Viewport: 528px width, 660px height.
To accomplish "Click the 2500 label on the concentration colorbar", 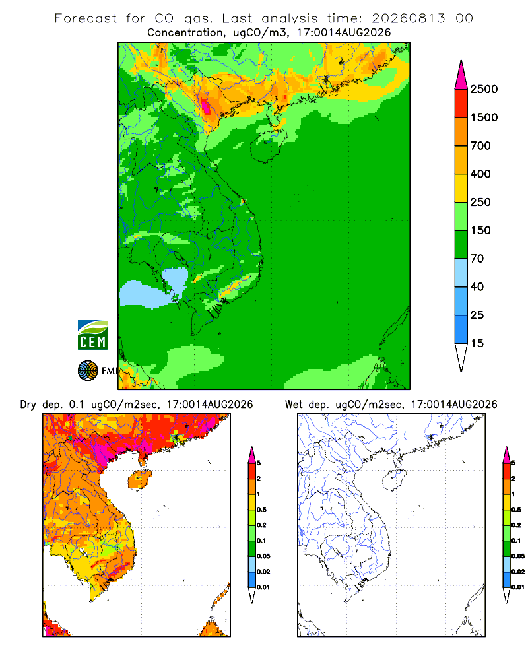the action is (484, 89).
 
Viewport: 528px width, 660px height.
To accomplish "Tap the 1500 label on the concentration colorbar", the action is (484, 117).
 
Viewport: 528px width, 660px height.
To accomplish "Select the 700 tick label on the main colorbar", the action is (480, 146).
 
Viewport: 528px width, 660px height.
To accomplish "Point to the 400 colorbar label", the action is (480, 174).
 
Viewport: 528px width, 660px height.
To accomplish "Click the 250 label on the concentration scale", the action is (480, 202).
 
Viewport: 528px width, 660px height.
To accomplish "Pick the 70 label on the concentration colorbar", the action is (477, 259).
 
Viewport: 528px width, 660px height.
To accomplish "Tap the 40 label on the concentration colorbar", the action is (477, 286).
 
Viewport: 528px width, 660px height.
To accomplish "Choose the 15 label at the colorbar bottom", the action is (477, 343).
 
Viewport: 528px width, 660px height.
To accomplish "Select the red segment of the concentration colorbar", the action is (461, 104).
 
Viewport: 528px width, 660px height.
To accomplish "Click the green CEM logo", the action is (92, 335).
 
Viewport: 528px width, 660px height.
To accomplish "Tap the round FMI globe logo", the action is (88, 371).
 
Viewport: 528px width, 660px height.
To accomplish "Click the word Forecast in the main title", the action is (86, 18).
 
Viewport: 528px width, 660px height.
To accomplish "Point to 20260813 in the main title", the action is (409, 18).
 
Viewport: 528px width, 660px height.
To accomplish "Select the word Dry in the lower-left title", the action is (28, 405).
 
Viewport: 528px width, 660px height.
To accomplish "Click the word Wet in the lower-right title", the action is (294, 405).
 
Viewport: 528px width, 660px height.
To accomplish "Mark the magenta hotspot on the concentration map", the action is (207, 105).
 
